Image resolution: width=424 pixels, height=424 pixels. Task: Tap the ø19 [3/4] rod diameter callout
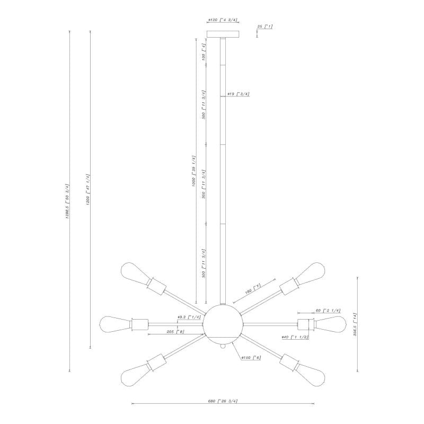[238, 94]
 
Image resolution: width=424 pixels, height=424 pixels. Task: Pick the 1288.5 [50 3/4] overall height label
[67, 201]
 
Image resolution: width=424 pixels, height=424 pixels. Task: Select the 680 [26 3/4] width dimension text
[223, 401]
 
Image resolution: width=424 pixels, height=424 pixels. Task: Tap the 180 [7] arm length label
[252, 289]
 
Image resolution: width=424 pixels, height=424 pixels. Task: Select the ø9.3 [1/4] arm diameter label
[189, 317]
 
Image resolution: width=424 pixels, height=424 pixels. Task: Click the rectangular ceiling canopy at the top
[223, 34]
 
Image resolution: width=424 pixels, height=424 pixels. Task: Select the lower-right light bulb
[313, 374]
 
